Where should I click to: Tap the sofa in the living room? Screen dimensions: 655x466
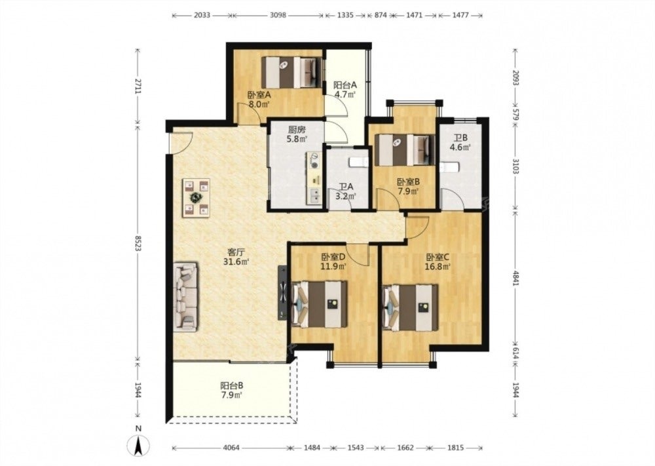pyautogui.click(x=186, y=297)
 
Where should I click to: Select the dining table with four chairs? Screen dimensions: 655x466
pyautogui.click(x=196, y=198)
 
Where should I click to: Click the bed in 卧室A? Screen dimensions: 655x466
pyautogui.click(x=291, y=72)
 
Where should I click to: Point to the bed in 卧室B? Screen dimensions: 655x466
pyautogui.click(x=404, y=149)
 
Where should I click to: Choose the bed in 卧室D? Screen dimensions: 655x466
pyautogui.click(x=320, y=304)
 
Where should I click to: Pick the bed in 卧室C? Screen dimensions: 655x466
pyautogui.click(x=411, y=307)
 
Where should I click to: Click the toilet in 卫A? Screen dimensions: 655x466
pyautogui.click(x=358, y=162)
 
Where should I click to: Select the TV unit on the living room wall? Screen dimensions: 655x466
pyautogui.click(x=283, y=292)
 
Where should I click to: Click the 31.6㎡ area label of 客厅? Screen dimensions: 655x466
pyautogui.click(x=236, y=262)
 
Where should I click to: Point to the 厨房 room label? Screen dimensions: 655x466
pyautogui.click(x=297, y=130)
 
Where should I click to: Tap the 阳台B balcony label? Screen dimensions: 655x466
pyautogui.click(x=232, y=386)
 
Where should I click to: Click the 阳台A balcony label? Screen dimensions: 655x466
pyautogui.click(x=345, y=85)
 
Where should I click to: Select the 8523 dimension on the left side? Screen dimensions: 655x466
pyautogui.click(x=138, y=242)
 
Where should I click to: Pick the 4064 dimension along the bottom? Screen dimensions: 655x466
pyautogui.click(x=231, y=448)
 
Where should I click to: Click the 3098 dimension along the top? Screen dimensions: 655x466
pyautogui.click(x=278, y=16)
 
